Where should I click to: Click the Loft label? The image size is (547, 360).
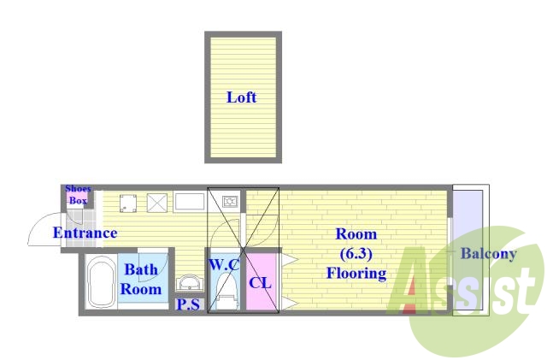[x=241, y=97]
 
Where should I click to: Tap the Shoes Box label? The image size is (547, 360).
[x=78, y=195]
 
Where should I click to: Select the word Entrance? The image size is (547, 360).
[x=85, y=233]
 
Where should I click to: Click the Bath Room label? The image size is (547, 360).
[x=141, y=280]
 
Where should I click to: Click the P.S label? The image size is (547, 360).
[x=188, y=304]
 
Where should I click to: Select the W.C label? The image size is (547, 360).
[x=223, y=264]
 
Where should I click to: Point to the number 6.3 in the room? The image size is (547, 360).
[x=356, y=254]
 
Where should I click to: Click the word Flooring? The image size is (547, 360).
[x=356, y=274]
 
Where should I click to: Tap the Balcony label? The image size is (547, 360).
[x=488, y=254]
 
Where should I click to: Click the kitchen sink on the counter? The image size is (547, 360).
[x=190, y=203]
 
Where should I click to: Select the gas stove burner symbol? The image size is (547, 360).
[x=229, y=202]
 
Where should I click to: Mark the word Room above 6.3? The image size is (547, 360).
[x=356, y=234]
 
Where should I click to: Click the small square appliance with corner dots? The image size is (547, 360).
[x=130, y=203]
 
